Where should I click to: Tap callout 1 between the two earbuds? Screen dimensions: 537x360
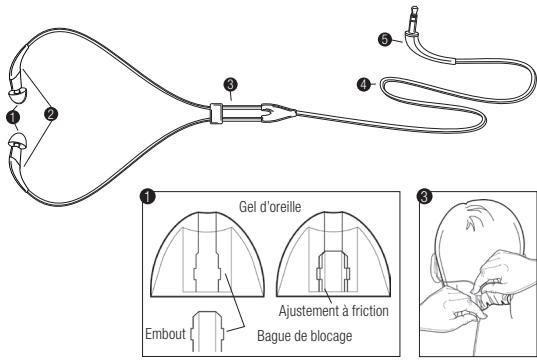13,116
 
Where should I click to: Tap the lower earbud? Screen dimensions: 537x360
16,147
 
